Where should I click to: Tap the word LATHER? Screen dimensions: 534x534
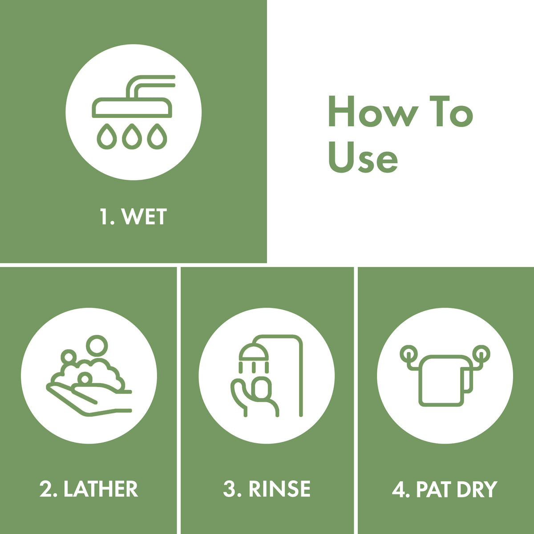click(101, 489)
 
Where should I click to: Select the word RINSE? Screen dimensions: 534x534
click(279, 489)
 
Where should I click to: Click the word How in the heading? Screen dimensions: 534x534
click(373, 111)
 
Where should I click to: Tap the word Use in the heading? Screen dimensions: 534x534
click(363, 158)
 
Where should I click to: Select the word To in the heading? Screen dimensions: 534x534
click(451, 111)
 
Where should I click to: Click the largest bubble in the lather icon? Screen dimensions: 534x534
click(97, 346)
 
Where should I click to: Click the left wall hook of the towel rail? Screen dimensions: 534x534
click(409, 354)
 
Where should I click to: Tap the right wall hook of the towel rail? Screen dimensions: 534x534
click(481, 354)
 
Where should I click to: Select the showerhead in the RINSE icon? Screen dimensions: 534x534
click(254, 352)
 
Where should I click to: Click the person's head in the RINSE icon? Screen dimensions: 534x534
click(262, 388)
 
